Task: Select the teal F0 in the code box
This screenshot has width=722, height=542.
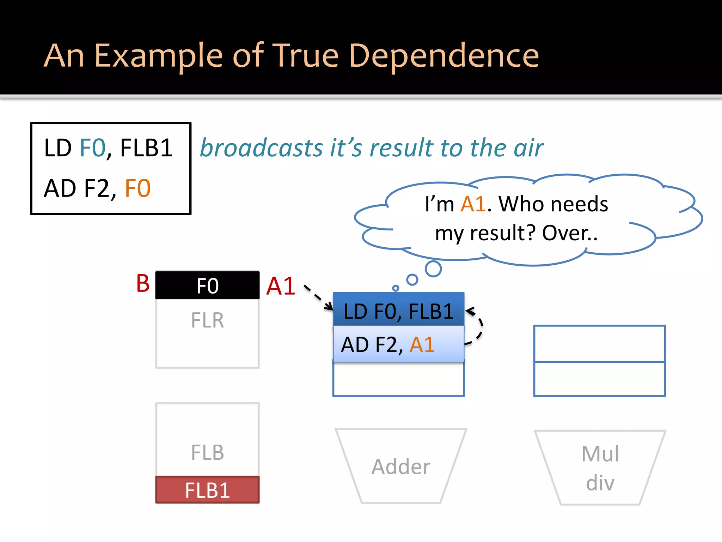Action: [93, 148]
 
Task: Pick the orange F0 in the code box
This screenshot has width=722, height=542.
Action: [137, 188]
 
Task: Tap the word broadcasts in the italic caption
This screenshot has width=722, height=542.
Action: [261, 148]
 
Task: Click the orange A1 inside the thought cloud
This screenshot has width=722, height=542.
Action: [473, 204]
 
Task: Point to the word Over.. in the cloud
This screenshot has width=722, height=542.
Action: [570, 233]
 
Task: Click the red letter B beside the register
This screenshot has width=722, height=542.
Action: [143, 283]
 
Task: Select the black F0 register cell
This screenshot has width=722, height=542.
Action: [207, 285]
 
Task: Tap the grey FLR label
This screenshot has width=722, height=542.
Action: [207, 320]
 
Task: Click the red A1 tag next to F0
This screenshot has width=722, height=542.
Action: [281, 286]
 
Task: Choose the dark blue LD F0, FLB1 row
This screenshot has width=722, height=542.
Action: [398, 309]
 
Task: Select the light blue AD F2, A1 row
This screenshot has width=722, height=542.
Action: [398, 344]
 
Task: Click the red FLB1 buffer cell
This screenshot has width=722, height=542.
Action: [207, 490]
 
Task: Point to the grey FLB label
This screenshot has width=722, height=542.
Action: [207, 453]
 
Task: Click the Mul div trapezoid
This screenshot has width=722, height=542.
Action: [600, 468]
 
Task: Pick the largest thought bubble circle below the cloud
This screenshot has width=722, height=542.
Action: [433, 269]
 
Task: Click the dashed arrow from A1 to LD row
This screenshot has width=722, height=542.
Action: [318, 297]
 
